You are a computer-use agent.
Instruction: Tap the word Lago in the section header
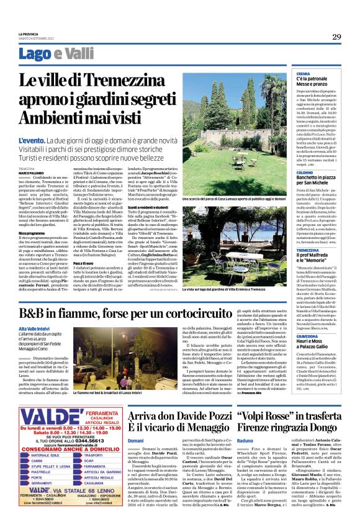pyautogui.click(x=52, y=55)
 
